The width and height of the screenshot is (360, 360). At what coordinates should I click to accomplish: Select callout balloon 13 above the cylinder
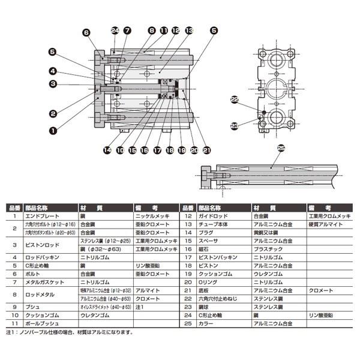(x=188, y=30)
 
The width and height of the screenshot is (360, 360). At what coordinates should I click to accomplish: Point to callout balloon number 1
(x=53, y=128)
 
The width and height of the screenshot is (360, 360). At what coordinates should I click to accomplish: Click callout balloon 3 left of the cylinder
(x=53, y=84)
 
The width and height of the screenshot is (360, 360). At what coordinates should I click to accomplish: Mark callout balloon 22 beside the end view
(x=235, y=100)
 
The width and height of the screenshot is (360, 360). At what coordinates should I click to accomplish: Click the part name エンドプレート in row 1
(x=41, y=214)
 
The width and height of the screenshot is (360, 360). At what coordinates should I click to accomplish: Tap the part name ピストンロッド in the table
(x=41, y=244)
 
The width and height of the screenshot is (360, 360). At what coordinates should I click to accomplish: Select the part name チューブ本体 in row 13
(x=215, y=223)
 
